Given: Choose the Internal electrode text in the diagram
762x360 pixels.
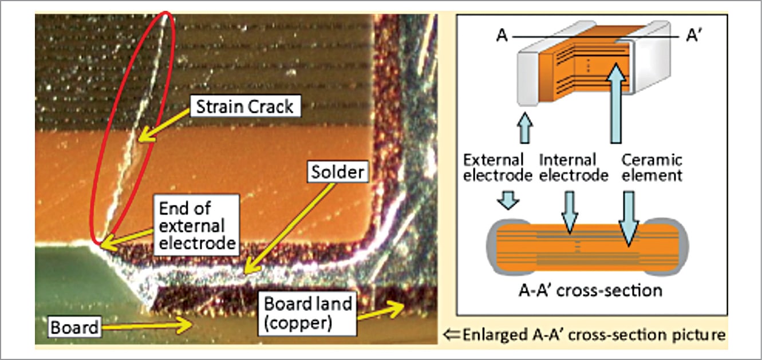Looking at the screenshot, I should (573, 168).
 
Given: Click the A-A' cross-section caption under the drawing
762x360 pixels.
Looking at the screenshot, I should (587, 290).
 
